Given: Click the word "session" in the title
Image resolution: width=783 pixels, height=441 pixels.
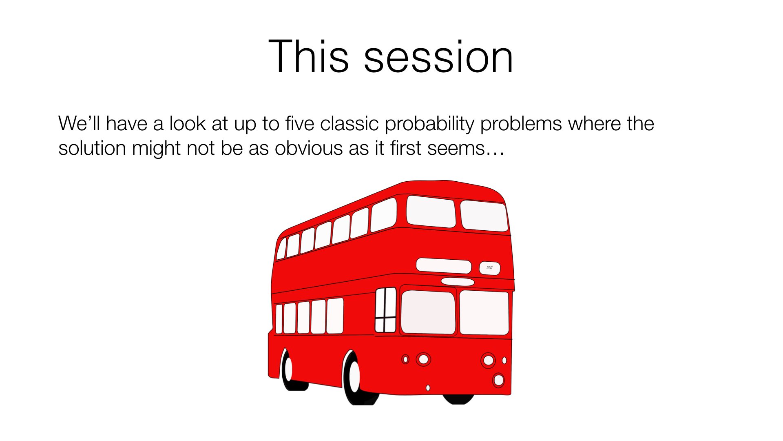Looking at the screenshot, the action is [x=438, y=57].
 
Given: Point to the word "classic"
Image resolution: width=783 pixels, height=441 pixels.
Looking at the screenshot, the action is [x=349, y=123].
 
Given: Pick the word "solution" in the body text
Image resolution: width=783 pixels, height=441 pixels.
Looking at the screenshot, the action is [x=92, y=148].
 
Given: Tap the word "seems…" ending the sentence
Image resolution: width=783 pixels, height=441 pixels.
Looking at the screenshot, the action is [x=466, y=148].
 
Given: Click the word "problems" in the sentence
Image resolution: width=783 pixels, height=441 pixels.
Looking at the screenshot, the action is [x=521, y=124].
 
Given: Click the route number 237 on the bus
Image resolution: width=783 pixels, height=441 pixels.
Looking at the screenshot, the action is [x=489, y=268].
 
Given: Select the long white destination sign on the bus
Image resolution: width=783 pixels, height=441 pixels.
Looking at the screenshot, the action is [x=444, y=265].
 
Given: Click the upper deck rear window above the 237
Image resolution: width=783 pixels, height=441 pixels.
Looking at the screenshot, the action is [x=484, y=216].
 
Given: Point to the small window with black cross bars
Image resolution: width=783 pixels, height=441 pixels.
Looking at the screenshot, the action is [x=385, y=310].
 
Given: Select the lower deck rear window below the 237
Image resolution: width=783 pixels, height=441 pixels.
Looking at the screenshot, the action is [x=484, y=312].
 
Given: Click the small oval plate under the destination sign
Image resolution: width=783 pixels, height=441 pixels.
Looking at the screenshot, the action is [x=458, y=282].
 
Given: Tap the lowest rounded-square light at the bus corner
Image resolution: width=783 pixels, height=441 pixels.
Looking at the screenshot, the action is [x=498, y=380].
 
